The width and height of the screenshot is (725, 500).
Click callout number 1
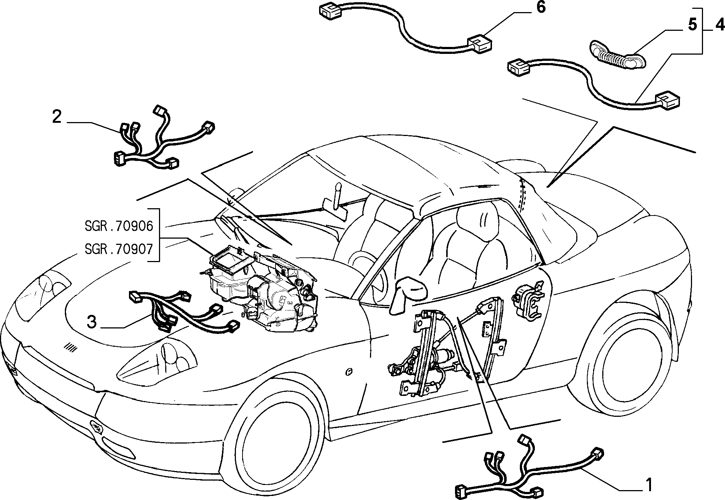pos(649,485)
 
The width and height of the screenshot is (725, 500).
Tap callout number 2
pos(57,117)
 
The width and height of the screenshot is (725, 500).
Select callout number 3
pos(92,322)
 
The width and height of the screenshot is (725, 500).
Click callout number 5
pos(692,25)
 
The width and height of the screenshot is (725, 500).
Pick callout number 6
pos(541,7)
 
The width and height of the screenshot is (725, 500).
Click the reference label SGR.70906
pos(119,226)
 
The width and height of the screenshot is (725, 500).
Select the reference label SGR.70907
pos(119,249)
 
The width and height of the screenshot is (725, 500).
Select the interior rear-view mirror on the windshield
pos(335,208)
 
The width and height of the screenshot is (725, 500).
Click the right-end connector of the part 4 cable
pos(668,101)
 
